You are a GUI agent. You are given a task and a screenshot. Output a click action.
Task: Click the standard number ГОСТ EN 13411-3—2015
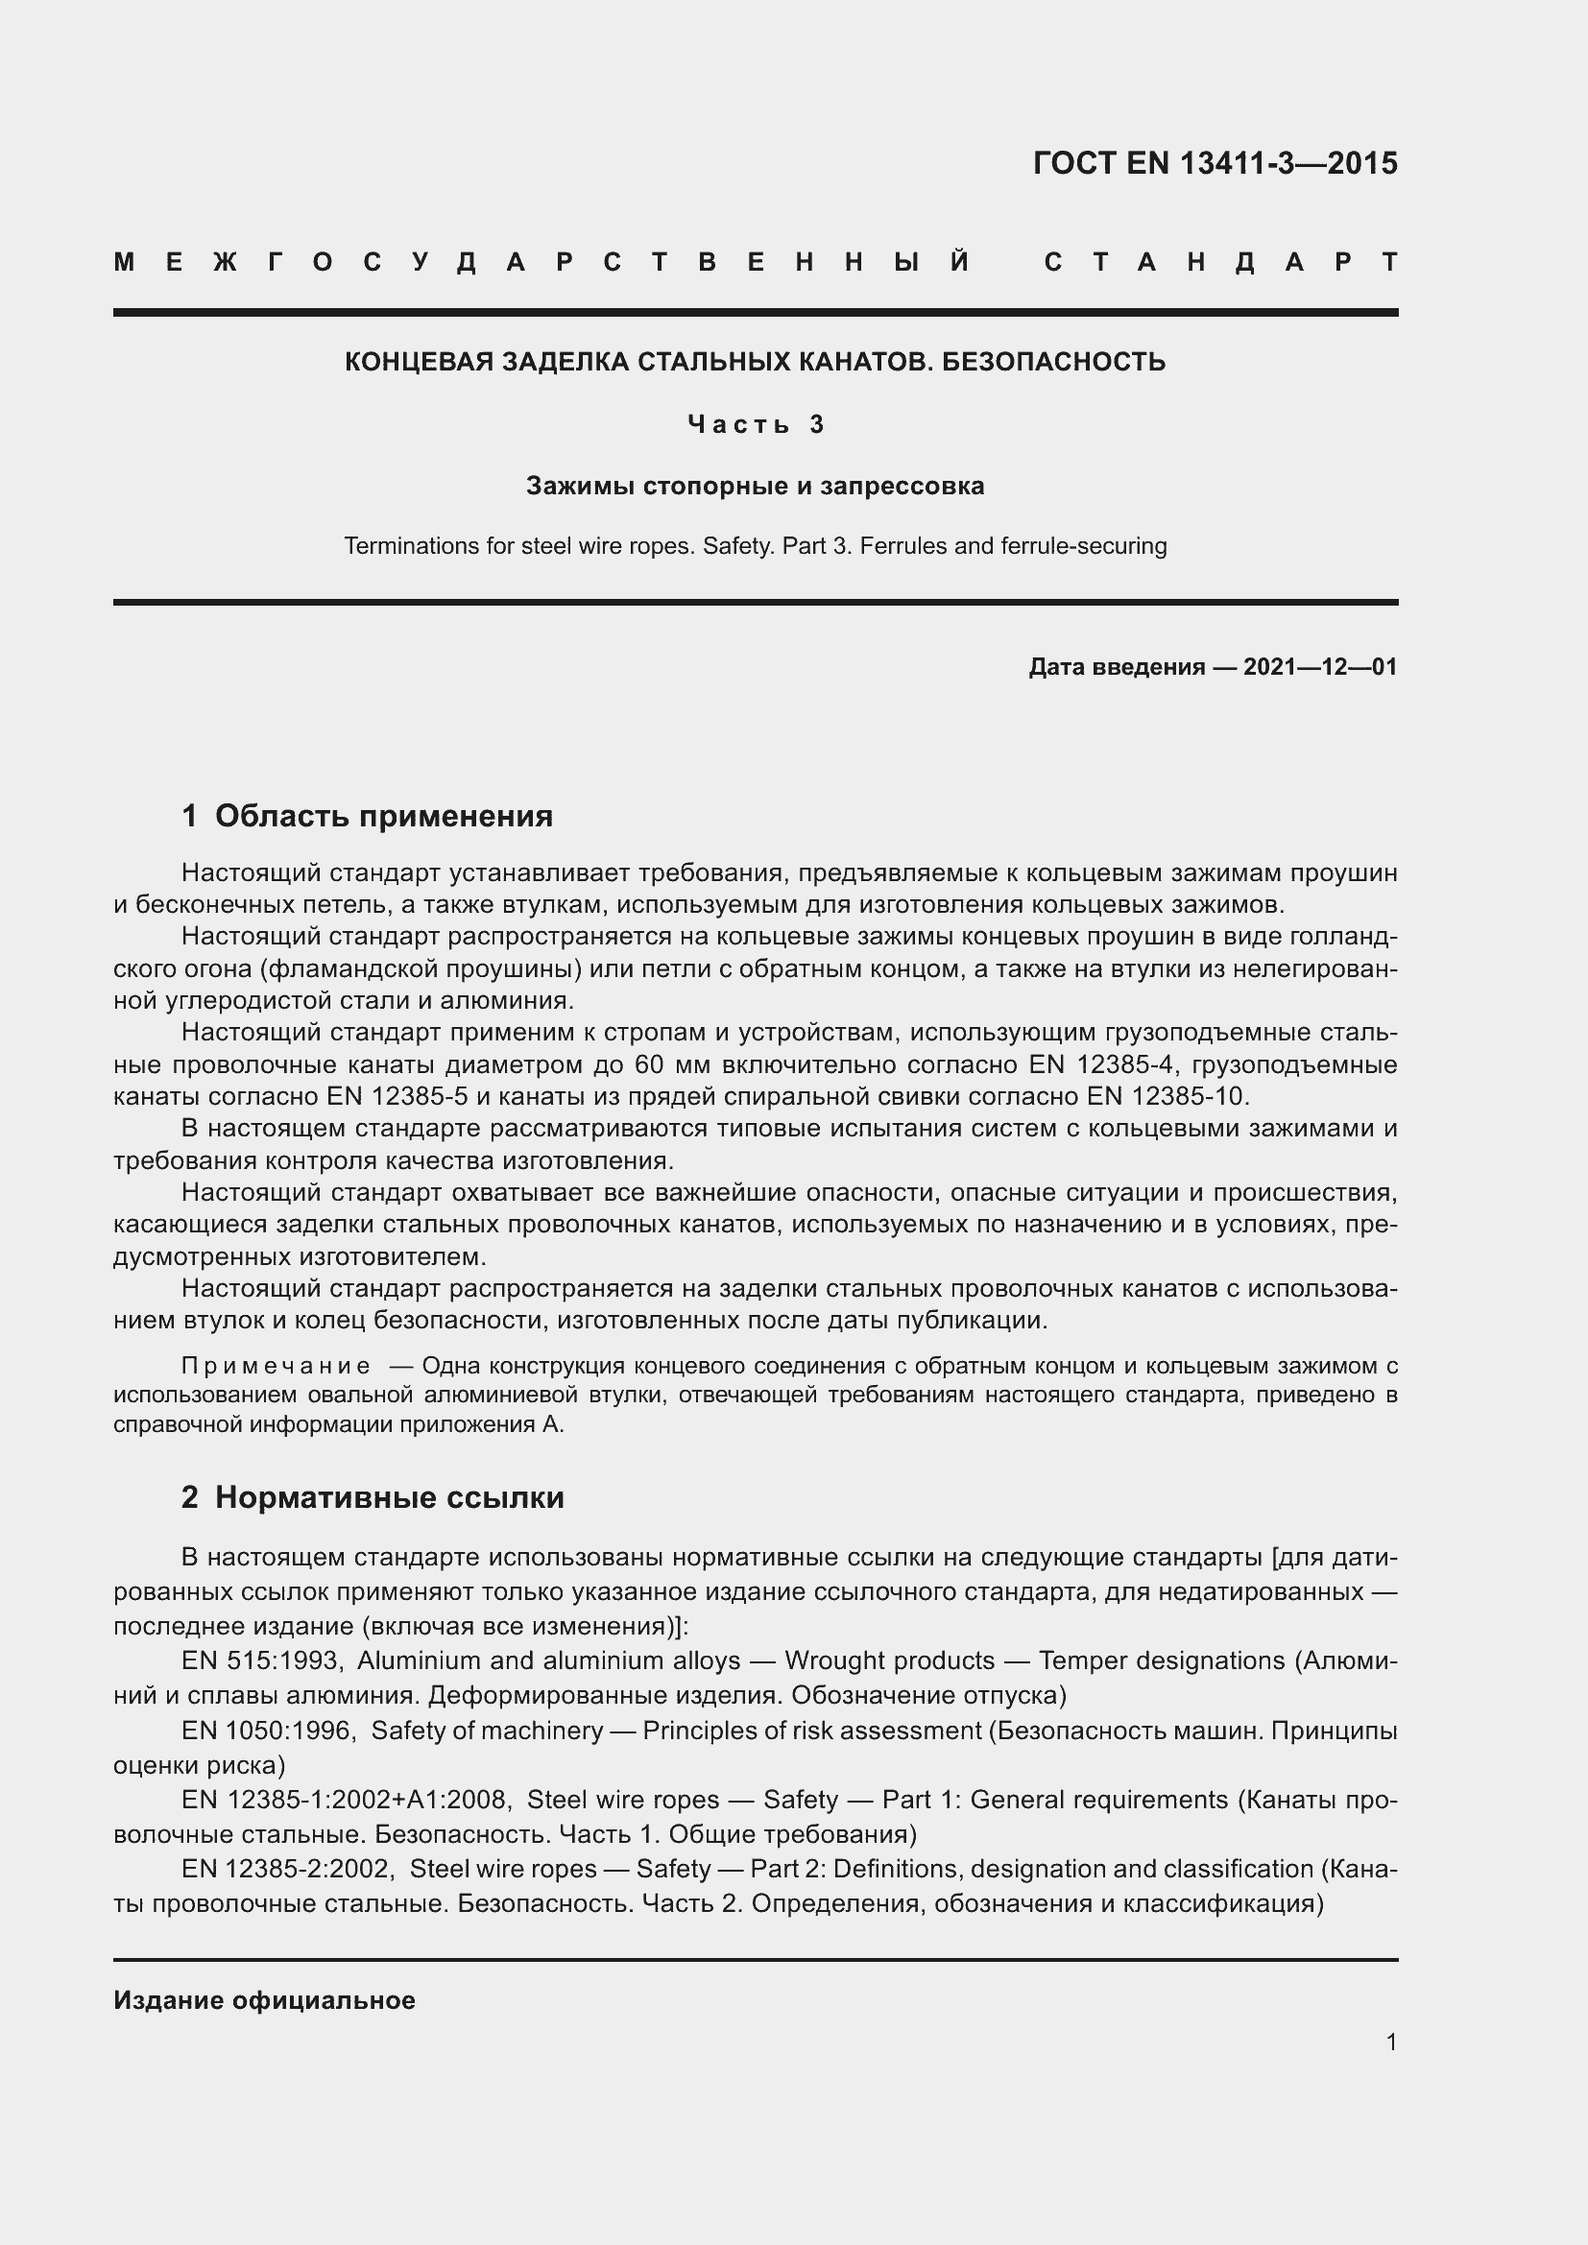1215,163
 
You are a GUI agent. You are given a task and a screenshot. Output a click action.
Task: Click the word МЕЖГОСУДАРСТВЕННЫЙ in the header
543,262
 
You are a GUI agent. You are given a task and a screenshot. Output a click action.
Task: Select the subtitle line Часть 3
756,424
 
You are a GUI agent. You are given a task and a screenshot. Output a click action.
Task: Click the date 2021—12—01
1320,667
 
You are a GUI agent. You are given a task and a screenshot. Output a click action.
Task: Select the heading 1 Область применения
368,816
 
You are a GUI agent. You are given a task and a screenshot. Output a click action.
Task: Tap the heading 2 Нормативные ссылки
373,1497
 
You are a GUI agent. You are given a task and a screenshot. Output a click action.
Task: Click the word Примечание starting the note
277,1366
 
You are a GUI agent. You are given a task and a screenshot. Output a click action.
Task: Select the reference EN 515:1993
260,1660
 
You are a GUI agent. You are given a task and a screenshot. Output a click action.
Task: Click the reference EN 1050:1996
266,1730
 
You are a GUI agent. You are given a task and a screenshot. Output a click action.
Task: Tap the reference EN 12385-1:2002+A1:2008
345,1799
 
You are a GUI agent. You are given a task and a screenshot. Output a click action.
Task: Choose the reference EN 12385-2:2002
286,1869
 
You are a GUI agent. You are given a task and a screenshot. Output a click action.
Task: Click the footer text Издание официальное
264,2000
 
